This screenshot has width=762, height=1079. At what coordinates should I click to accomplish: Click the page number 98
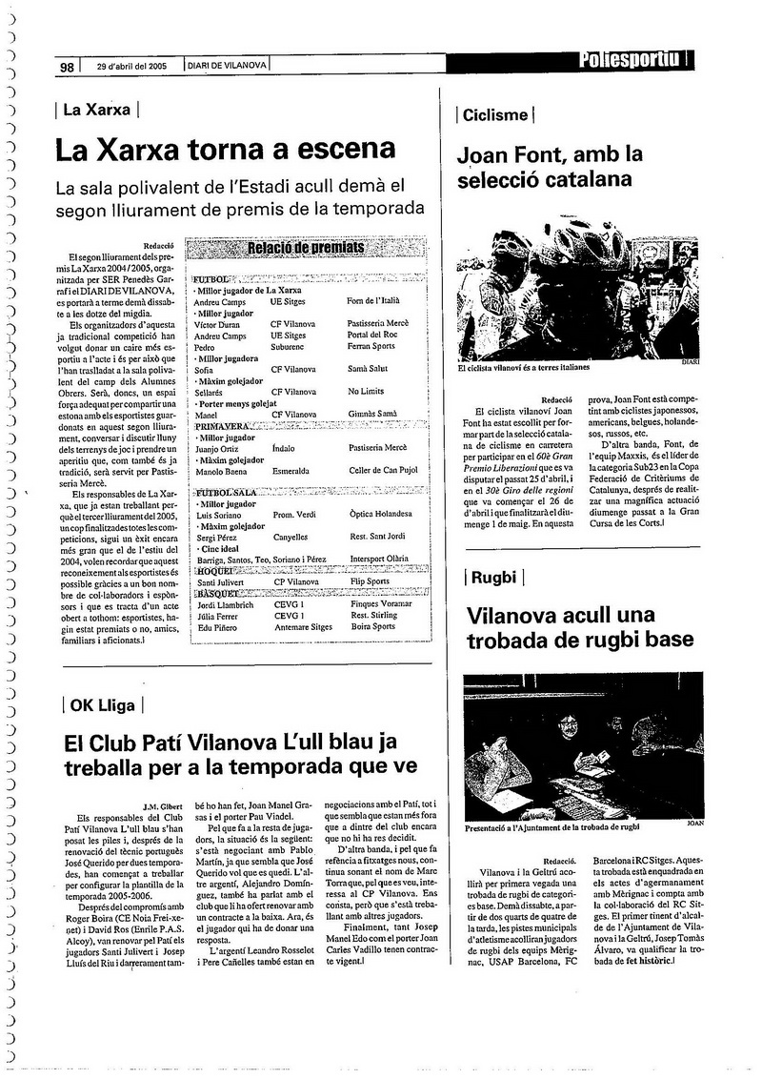[67, 66]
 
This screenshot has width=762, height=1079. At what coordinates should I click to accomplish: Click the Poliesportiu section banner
[632, 60]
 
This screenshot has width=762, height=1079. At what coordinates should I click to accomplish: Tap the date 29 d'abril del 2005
[131, 66]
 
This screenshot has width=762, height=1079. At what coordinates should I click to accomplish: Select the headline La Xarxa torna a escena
[224, 150]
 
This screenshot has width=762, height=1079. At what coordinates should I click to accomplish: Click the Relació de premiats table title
[306, 249]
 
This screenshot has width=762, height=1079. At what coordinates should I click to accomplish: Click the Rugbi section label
[493, 577]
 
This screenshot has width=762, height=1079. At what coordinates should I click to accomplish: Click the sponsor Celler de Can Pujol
[382, 469]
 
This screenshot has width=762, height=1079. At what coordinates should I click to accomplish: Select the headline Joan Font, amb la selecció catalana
[550, 165]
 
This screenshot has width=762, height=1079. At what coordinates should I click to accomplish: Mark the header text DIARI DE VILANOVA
[227, 66]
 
